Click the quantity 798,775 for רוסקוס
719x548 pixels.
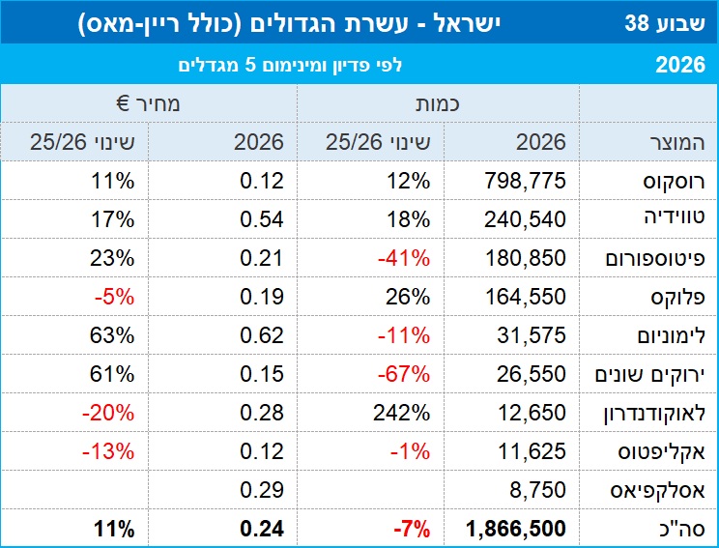pyautogui.click(x=525, y=181)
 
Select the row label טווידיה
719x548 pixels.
pyautogui.click(x=675, y=217)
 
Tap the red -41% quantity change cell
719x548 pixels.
pyautogui.click(x=404, y=258)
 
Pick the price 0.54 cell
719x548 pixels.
pyautogui.click(x=262, y=219)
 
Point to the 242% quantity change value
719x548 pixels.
pyautogui.click(x=402, y=413)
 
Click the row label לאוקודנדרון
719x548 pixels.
pyautogui.click(x=654, y=413)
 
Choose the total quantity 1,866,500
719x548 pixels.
pyautogui.click(x=516, y=529)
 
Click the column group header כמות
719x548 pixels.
pyautogui.click(x=438, y=104)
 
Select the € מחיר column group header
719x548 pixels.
pyautogui.click(x=148, y=104)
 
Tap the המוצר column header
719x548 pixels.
pyautogui.click(x=677, y=142)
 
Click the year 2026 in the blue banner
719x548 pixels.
pyautogui.click(x=680, y=65)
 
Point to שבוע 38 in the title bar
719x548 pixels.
pyautogui.click(x=665, y=22)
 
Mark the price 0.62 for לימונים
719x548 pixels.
pyautogui.click(x=262, y=335)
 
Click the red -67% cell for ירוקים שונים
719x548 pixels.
pyautogui.click(x=404, y=374)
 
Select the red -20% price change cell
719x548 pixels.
pyautogui.click(x=108, y=413)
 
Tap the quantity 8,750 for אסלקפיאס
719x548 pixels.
pyautogui.click(x=537, y=490)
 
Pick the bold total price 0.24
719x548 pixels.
pyautogui.click(x=262, y=529)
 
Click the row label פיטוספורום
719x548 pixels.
pyautogui.click(x=655, y=259)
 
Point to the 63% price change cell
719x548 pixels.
pyautogui.click(x=112, y=335)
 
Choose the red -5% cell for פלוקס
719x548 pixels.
pyautogui.click(x=115, y=297)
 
